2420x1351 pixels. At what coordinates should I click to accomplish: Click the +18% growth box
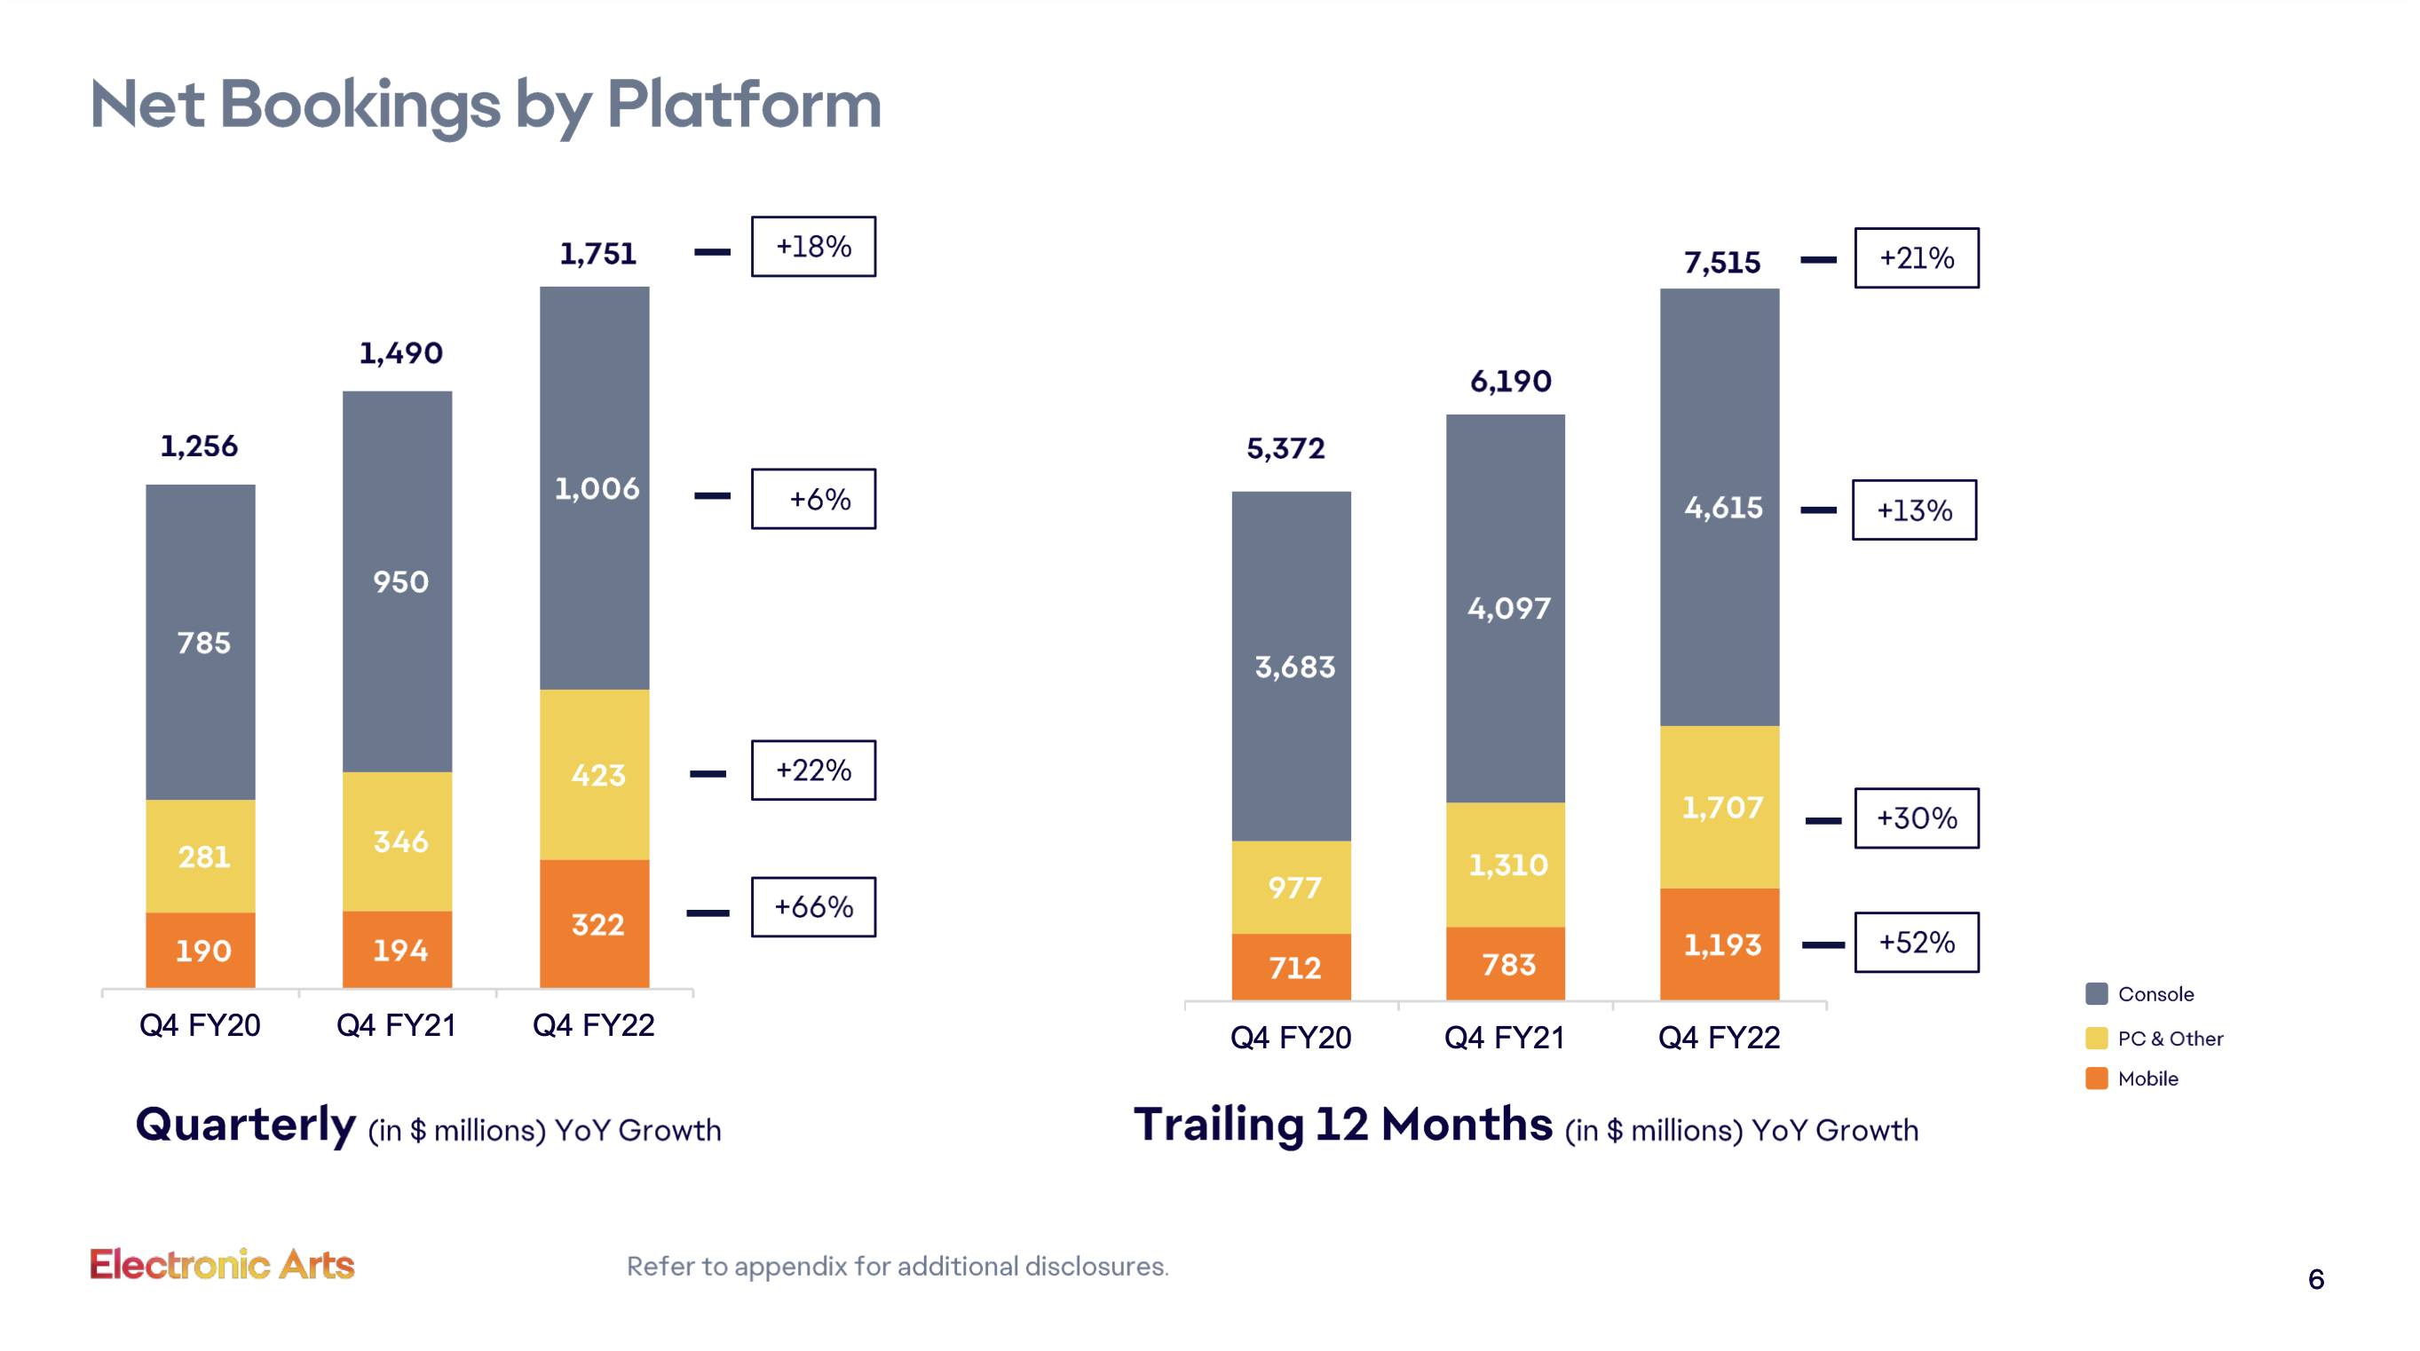coord(812,247)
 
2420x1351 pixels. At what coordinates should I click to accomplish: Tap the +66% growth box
coord(812,906)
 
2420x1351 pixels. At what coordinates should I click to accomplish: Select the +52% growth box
coord(1916,943)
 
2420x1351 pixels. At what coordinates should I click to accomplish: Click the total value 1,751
coord(597,254)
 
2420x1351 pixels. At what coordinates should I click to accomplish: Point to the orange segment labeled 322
coord(595,923)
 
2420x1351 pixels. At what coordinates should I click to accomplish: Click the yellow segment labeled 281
coord(200,856)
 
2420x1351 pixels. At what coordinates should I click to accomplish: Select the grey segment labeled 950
coord(398,581)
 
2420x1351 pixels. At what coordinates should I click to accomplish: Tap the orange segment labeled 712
coord(1291,967)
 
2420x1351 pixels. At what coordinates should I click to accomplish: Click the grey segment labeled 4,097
coord(1505,608)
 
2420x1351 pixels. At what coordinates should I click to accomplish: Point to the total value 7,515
coord(1721,262)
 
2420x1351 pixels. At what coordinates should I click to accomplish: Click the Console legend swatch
coord(2096,994)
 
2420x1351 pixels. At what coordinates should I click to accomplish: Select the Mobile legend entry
coord(2147,1078)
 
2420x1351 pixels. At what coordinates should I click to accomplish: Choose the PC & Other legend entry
coord(2169,1039)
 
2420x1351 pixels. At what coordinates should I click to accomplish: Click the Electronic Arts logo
coord(222,1265)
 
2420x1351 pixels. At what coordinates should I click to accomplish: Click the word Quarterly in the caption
coord(246,1125)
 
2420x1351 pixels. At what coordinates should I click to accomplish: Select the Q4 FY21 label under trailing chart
coord(1504,1037)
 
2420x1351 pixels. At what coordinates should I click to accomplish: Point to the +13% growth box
coord(1914,510)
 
